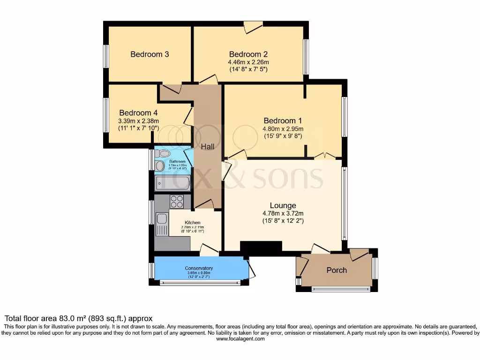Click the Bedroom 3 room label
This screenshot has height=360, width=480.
[x=150, y=54]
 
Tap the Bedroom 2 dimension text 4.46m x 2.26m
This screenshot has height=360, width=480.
[x=248, y=62]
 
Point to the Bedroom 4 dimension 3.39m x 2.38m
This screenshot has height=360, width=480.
[x=138, y=121]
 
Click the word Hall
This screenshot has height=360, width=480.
[x=208, y=147]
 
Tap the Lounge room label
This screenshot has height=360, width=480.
[x=283, y=205]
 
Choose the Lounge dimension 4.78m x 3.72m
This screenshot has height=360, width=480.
[x=283, y=213]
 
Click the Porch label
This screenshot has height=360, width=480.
[x=337, y=270]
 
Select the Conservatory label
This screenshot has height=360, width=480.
[x=199, y=268]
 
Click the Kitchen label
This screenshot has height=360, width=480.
[x=192, y=222]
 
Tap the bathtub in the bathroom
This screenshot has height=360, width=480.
[x=173, y=183]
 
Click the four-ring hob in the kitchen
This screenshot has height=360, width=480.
[x=177, y=202]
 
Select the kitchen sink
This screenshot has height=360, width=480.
[x=162, y=218]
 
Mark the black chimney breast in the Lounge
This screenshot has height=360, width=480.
[x=261, y=247]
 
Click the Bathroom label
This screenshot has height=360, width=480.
[x=178, y=162]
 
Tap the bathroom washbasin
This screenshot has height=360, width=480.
[x=159, y=165]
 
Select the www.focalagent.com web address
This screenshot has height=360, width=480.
[x=240, y=338]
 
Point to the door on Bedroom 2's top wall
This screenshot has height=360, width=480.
[x=253, y=27]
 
